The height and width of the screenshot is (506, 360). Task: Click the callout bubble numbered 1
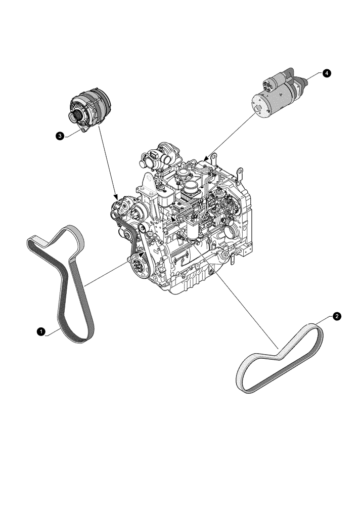[x=39, y=331]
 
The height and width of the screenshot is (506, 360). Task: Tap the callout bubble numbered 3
[x=60, y=136]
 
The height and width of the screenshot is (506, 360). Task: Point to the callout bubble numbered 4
[x=327, y=73]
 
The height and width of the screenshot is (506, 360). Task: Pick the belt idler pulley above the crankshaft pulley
[x=142, y=231]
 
